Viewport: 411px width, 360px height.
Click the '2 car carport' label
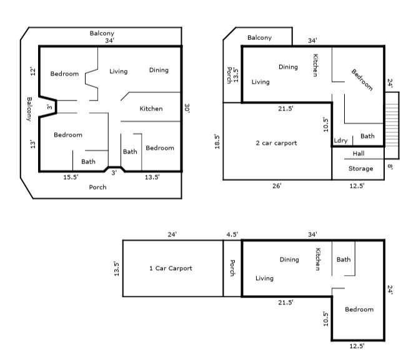[276, 143]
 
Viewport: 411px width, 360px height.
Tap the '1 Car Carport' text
[171, 268]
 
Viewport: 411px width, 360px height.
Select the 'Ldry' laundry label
[340, 140]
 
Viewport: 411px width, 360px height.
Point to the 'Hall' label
[359, 153]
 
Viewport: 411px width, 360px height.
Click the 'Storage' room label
[360, 168]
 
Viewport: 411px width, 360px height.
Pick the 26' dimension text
[277, 186]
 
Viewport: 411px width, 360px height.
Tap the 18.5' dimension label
[217, 142]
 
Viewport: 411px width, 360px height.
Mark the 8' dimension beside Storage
[390, 167]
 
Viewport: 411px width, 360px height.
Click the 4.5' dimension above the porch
[232, 235]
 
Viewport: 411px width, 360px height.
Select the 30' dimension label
[187, 108]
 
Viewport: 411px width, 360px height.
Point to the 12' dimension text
[32, 72]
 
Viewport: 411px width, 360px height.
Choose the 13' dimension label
[32, 144]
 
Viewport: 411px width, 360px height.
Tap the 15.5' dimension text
[71, 177]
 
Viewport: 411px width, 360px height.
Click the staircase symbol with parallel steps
[392, 125]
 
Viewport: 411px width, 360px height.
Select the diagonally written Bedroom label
[362, 80]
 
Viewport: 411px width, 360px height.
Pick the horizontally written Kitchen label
[151, 109]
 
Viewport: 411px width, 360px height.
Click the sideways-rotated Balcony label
[29, 109]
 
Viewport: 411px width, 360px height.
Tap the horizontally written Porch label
[97, 187]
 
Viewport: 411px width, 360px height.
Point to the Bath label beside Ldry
[367, 136]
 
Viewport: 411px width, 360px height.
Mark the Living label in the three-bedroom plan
[119, 72]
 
